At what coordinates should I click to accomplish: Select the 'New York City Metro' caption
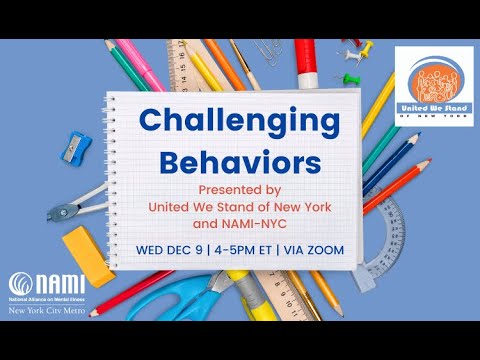(51, 313)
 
